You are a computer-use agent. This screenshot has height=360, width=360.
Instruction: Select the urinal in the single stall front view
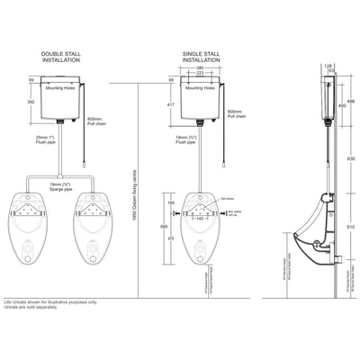(x=199, y=229)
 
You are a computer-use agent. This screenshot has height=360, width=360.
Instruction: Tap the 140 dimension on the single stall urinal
(x=200, y=219)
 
